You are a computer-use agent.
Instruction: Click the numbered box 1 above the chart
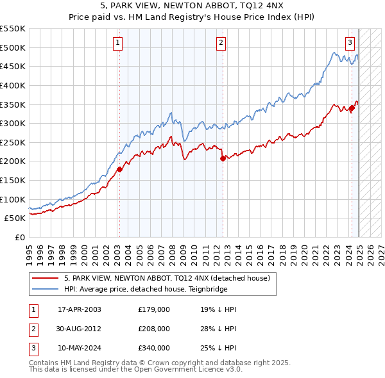(x=119, y=43)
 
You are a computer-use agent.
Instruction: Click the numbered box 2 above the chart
(x=220, y=43)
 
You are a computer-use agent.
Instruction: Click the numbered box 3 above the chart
(x=350, y=43)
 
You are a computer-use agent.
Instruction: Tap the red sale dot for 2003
(x=119, y=169)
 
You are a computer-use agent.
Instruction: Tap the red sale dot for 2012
(x=223, y=158)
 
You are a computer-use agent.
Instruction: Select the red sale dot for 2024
(x=352, y=108)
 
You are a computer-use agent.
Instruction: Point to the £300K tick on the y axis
(x=13, y=123)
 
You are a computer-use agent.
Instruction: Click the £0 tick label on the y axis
(x=20, y=237)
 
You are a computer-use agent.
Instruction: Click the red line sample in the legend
(x=44, y=279)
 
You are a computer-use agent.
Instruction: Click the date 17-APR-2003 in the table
(x=80, y=309)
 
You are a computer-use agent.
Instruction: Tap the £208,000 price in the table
(x=154, y=329)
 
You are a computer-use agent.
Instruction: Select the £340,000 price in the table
(x=154, y=348)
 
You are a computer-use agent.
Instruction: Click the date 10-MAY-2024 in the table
(x=80, y=348)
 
